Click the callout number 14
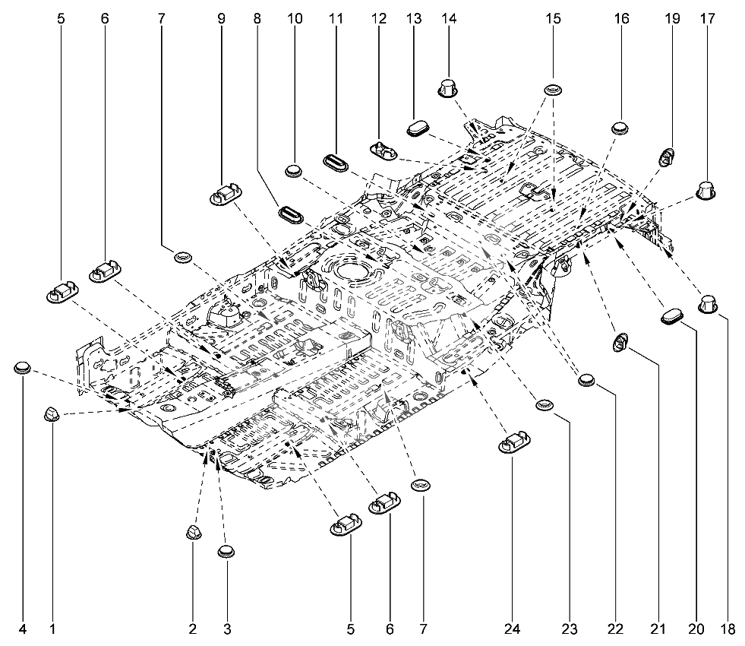coord(449,18)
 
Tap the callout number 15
coord(553,18)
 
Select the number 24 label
coord(512,629)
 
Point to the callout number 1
coord(52,629)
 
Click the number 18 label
coord(728,629)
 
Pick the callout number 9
coord(222,18)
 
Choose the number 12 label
coord(379,18)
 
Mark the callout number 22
coord(615,629)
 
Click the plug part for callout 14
coord(448,88)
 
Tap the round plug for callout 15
coord(553,89)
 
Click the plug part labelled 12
coord(384,150)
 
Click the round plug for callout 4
coord(22,367)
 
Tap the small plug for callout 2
coord(193,532)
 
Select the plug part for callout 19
coord(667,157)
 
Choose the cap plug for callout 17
coord(706,190)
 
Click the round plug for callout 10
coord(295,171)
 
